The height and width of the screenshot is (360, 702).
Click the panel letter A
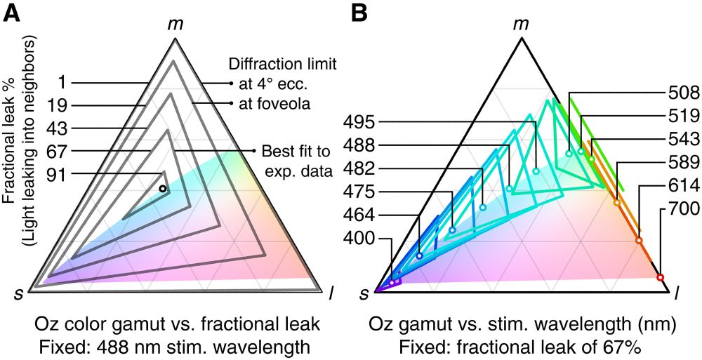11,13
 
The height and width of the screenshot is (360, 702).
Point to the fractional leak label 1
62,83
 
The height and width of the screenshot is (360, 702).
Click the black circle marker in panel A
162,189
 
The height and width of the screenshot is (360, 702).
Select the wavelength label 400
362,239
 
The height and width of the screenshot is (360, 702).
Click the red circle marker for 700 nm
660,278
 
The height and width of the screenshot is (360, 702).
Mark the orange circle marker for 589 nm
617,204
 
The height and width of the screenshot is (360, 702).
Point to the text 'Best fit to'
291,152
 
